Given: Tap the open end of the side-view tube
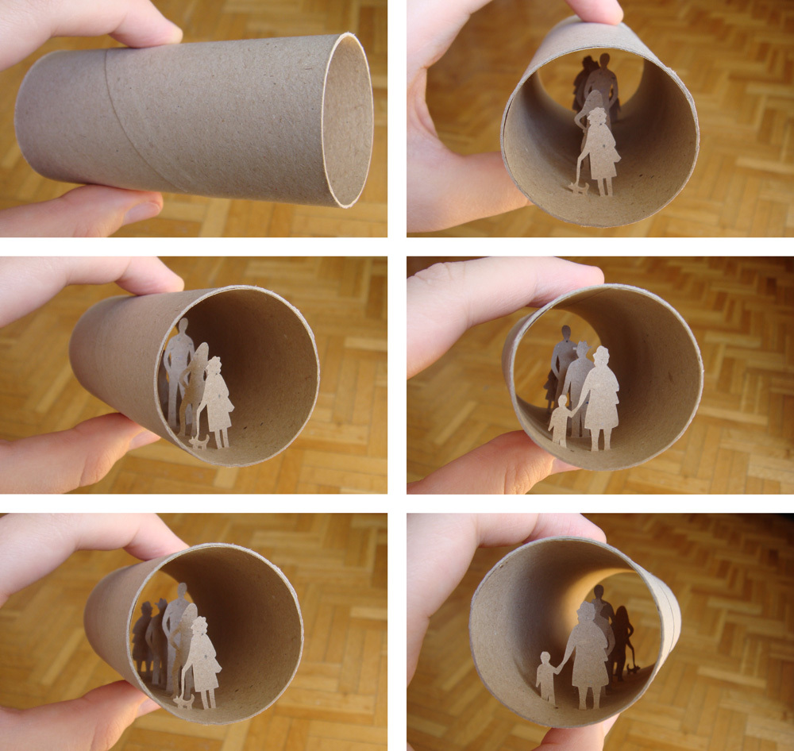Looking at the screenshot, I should pyautogui.click(x=347, y=120).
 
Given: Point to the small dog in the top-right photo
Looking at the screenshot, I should pyautogui.click(x=577, y=187).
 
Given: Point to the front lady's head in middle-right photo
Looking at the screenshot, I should pyautogui.click(x=602, y=356).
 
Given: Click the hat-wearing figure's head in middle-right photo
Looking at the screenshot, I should pyautogui.click(x=581, y=350).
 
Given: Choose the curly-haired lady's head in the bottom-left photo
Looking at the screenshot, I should pyautogui.click(x=198, y=627).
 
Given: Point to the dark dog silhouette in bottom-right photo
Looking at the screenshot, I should pyautogui.click(x=632, y=669).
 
